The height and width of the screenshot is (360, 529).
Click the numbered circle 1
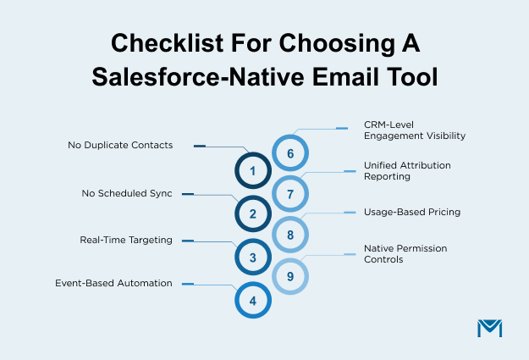point(252,171)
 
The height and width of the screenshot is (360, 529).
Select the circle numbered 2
point(252,214)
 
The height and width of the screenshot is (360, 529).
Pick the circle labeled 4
point(252,300)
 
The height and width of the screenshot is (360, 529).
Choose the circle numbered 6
point(290,153)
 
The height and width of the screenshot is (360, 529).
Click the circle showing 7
point(290,194)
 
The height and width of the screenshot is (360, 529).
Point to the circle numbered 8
point(290,235)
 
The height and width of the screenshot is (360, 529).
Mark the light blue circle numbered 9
point(290,276)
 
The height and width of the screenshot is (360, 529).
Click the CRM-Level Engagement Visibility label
point(409,130)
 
